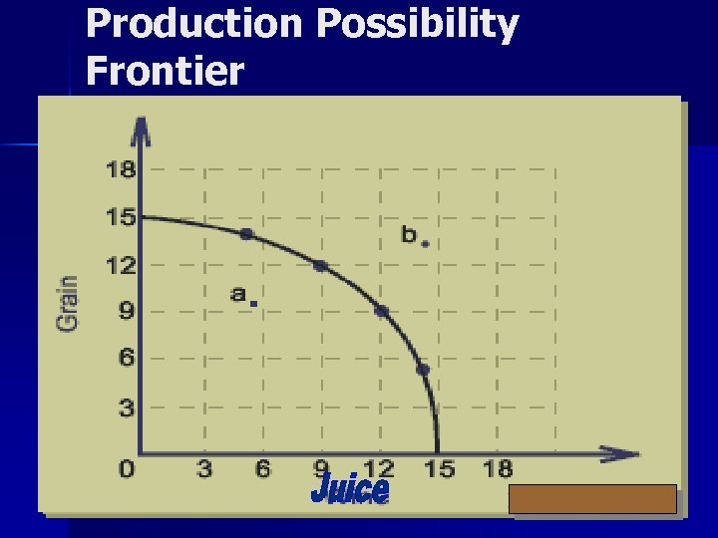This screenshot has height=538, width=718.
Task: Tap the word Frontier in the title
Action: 165,71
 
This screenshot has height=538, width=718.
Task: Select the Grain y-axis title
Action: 68,303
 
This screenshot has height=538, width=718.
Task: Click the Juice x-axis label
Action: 350,489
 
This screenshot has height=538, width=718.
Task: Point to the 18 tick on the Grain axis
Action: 120,169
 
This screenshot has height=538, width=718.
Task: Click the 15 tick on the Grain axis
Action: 120,216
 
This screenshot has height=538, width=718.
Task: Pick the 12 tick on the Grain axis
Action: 120,265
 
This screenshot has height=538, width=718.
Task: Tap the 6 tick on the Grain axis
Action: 126,358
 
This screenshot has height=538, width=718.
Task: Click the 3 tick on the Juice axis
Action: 203,468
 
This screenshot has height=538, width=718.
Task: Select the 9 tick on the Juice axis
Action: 321,468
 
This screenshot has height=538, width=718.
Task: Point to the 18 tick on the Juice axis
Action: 498,468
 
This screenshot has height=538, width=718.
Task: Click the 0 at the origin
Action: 126,468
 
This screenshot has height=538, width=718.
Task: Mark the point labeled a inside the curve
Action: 254,303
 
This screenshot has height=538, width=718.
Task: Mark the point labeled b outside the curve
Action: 426,243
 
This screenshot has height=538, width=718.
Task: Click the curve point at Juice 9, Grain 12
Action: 320,265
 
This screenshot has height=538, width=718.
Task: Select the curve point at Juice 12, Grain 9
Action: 381,311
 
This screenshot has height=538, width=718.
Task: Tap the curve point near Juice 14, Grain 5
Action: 423,370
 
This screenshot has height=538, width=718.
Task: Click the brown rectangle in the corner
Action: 592,499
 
